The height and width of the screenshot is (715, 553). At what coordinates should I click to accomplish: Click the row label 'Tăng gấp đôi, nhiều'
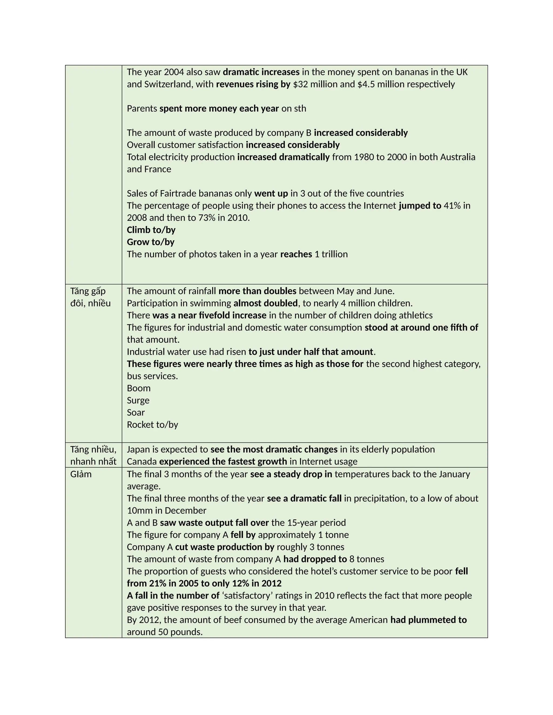(90, 297)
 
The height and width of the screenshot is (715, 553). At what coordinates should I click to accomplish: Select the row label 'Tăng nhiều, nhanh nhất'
(93, 455)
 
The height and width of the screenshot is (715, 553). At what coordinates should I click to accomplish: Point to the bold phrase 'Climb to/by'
(151, 230)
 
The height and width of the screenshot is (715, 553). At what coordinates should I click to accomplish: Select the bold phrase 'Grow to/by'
(150, 242)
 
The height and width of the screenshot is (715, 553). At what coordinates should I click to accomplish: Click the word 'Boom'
(139, 388)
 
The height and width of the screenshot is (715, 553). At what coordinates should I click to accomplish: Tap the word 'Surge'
(138, 400)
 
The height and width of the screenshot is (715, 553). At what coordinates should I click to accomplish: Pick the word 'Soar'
(136, 412)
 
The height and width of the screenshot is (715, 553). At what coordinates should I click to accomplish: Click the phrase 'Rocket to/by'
(152, 424)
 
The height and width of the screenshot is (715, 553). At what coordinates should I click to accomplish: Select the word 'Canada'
(142, 461)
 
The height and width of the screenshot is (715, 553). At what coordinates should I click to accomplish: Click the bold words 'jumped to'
(420, 206)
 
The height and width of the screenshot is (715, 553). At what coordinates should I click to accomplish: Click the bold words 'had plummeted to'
(428, 620)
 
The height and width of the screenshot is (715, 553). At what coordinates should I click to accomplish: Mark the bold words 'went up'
(271, 193)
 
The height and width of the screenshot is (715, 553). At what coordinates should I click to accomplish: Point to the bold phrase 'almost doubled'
(265, 303)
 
